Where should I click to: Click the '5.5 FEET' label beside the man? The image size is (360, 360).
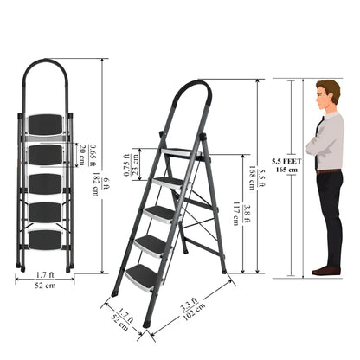(286, 161)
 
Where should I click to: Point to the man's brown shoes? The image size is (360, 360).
(326, 271)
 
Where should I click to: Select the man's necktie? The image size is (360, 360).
(321, 130)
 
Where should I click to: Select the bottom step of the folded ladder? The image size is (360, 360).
(46, 238)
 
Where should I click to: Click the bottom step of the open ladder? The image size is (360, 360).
(141, 275)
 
